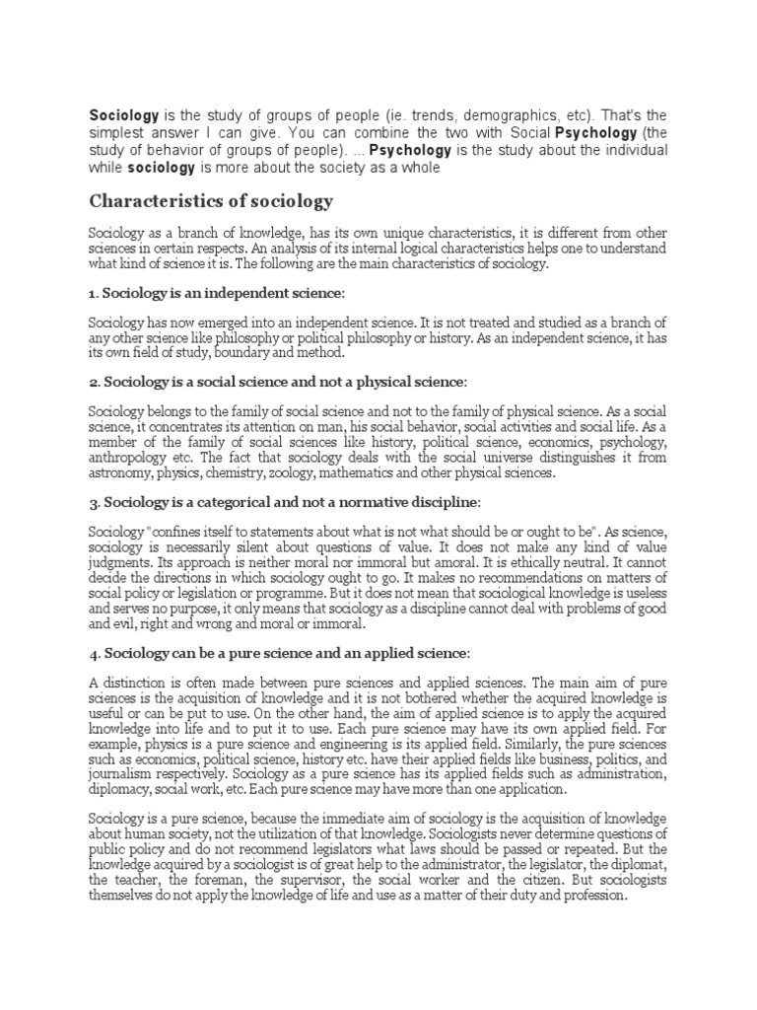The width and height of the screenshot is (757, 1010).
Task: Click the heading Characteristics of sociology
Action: pyautogui.click(x=212, y=202)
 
